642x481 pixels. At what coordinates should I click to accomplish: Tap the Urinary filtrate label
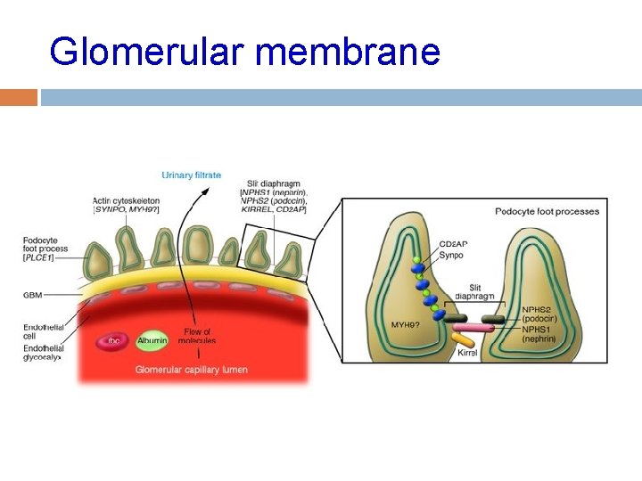[x=192, y=175]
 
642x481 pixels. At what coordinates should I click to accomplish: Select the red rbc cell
[x=114, y=340]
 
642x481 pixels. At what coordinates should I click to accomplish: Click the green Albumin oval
[x=152, y=340]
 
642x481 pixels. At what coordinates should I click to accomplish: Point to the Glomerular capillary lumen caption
[x=192, y=370]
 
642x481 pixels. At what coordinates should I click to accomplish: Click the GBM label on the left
[x=34, y=294]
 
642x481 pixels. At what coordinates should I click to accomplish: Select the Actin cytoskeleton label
[x=126, y=206]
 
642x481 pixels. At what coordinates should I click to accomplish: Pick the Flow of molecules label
[x=196, y=336]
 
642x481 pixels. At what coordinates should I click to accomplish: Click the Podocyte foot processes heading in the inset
[x=547, y=211]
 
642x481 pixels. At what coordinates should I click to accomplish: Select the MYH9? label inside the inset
[x=407, y=324]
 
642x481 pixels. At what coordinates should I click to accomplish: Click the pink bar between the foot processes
[x=474, y=328]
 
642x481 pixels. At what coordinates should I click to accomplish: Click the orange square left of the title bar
[x=19, y=97]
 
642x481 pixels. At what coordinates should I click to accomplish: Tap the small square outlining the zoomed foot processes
[x=276, y=252]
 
